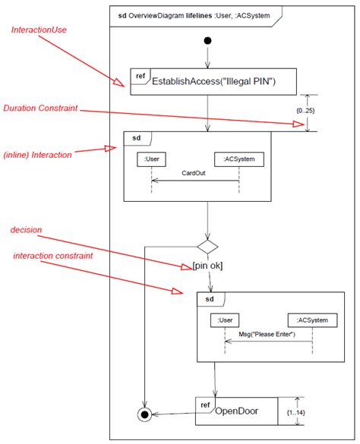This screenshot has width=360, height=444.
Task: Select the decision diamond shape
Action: coord(207,246)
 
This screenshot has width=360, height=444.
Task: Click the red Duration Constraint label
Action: coord(40,109)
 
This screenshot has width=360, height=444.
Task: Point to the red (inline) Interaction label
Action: coord(37,155)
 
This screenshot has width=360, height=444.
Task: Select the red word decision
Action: coord(26,229)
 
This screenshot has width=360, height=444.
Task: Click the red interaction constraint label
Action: coord(53,256)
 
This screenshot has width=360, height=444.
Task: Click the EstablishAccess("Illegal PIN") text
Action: coord(213,81)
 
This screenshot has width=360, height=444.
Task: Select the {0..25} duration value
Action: coord(306,112)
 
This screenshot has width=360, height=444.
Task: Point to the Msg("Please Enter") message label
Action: coord(267,335)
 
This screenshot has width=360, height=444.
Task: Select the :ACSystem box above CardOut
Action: coord(238,159)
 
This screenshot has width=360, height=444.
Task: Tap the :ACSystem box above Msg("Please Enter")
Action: coord(312,320)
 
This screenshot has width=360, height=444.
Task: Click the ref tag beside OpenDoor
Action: coord(204,405)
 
